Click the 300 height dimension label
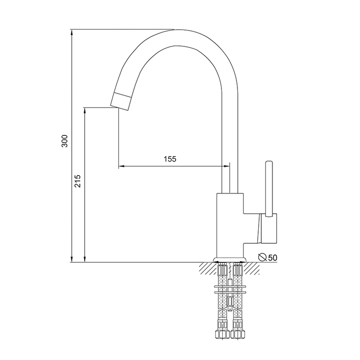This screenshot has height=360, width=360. click(x=65, y=141)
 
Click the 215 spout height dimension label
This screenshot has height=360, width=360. click(x=78, y=181)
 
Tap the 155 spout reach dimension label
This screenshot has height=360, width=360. click(x=170, y=159)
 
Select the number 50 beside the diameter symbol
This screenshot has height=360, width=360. click(x=273, y=257)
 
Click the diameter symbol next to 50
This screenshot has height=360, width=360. click(x=262, y=257)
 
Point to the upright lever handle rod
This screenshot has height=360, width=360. click(x=269, y=189)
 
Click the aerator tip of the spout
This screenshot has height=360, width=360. click(x=121, y=101)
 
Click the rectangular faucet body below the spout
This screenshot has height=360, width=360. click(x=230, y=225)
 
